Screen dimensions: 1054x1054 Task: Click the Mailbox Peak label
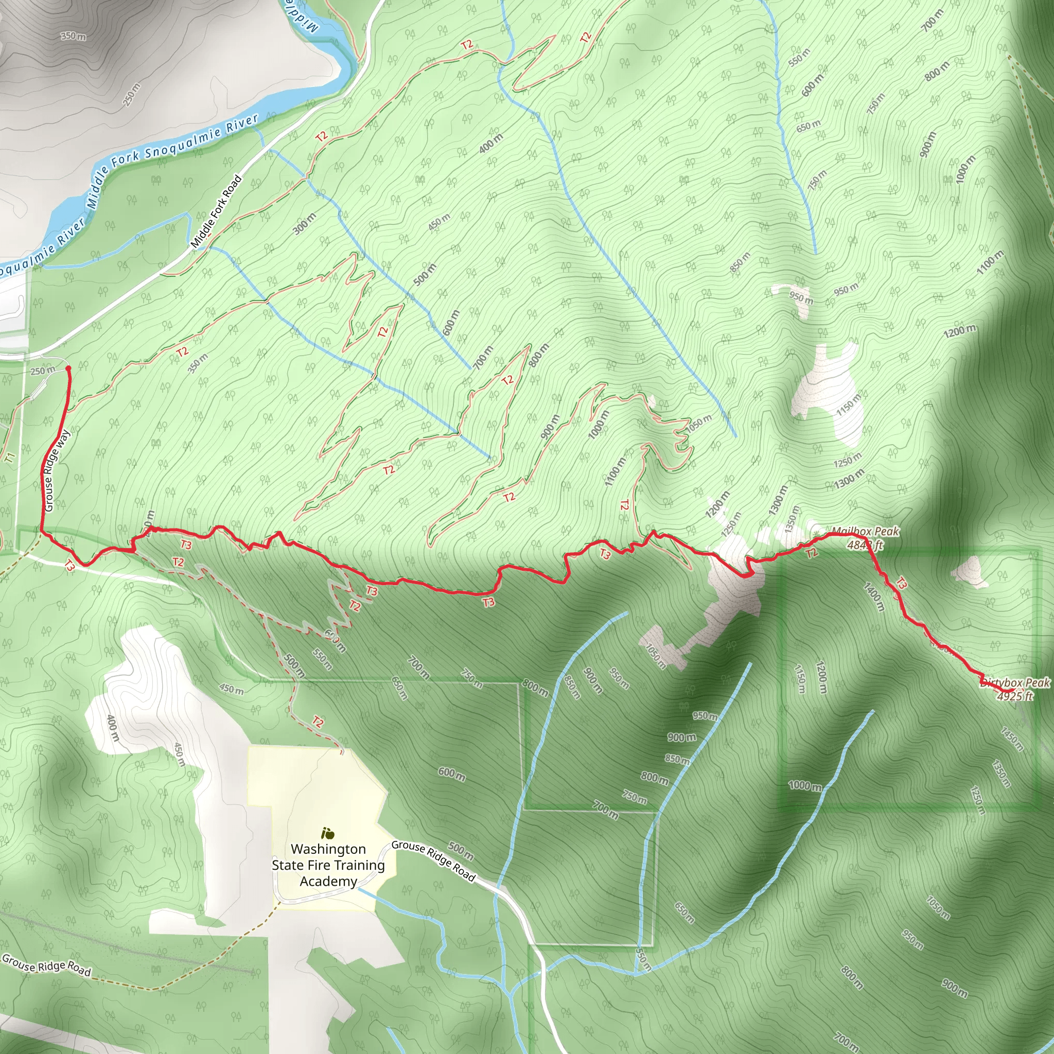tap(865, 531)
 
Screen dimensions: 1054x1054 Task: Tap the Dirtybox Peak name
tap(1015, 682)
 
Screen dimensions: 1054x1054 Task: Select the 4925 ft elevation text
tap(1015, 696)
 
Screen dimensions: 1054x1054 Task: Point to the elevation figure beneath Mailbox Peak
tap(865, 544)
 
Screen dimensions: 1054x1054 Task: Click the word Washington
tap(328, 849)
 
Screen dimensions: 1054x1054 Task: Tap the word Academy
tap(328, 881)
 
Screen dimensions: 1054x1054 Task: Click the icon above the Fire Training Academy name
tap(328, 833)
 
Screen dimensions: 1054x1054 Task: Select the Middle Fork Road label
tap(216, 211)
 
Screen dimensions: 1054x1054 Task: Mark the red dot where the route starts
tap(68, 369)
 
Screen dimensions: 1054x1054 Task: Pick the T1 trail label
tap(9, 458)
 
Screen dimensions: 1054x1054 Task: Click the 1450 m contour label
tap(1012, 739)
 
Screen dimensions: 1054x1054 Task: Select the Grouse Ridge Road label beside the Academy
tap(434, 860)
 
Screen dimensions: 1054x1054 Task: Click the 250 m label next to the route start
tap(43, 371)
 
